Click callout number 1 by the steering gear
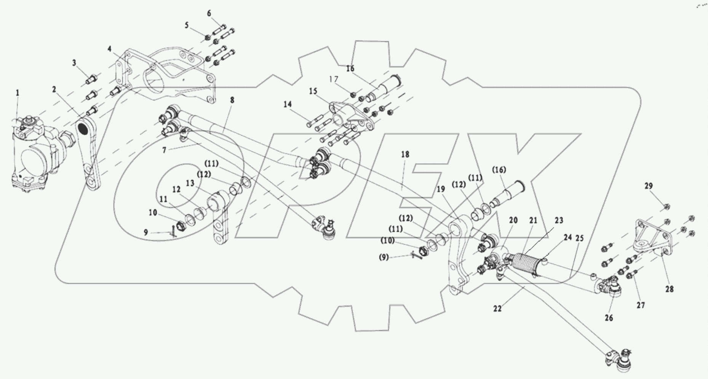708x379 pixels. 17,92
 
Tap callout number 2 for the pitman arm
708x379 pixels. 54,89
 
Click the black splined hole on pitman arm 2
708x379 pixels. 82,129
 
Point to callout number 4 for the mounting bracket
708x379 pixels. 109,49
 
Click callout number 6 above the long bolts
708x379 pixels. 209,13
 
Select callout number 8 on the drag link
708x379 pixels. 232,100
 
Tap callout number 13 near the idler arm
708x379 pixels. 190,183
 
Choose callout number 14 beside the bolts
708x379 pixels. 288,104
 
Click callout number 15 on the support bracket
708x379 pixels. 313,91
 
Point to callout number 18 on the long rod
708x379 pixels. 405,154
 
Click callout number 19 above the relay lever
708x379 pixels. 441,189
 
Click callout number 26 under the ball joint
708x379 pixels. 609,317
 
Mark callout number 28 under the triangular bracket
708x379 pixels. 670,290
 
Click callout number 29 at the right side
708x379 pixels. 649,186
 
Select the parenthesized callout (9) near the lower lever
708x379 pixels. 384,258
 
